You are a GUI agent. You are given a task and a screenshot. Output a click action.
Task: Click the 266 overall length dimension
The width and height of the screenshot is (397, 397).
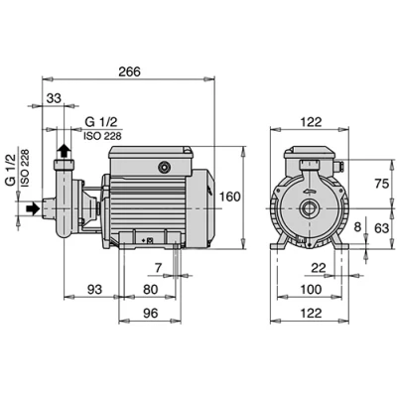130,71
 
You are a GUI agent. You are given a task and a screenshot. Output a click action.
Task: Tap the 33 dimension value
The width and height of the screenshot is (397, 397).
54,98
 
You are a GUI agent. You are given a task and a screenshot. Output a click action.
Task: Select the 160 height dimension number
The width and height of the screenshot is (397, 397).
230,197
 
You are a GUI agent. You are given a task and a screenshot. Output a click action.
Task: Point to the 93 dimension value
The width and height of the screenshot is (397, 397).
95,290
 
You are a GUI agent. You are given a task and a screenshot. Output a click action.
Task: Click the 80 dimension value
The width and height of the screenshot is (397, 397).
151,290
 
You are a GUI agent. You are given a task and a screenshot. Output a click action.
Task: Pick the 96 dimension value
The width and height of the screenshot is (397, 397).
151,313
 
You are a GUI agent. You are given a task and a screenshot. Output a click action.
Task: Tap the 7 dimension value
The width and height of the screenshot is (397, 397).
159,269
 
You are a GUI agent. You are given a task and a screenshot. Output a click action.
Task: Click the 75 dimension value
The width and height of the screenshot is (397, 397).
381,184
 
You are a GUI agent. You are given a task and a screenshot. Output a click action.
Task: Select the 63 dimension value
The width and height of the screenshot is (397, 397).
381,228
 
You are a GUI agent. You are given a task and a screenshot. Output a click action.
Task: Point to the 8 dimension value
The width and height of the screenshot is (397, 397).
357,227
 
